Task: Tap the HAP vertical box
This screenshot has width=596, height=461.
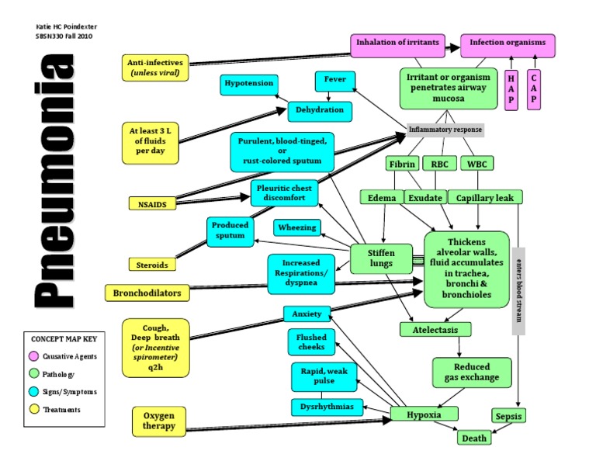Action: [511, 89]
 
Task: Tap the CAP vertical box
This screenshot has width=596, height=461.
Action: [535, 89]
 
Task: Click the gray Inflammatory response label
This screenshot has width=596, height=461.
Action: [445, 130]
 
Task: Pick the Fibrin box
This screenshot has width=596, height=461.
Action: [401, 164]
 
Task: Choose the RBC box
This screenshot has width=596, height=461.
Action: [439, 164]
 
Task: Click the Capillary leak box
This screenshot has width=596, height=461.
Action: [485, 197]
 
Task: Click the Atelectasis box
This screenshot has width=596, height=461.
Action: [435, 330]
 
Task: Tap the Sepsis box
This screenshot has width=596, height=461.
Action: [509, 415]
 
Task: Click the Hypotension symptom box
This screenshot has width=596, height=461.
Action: [248, 84]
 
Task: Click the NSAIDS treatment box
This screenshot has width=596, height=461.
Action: [153, 203]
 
